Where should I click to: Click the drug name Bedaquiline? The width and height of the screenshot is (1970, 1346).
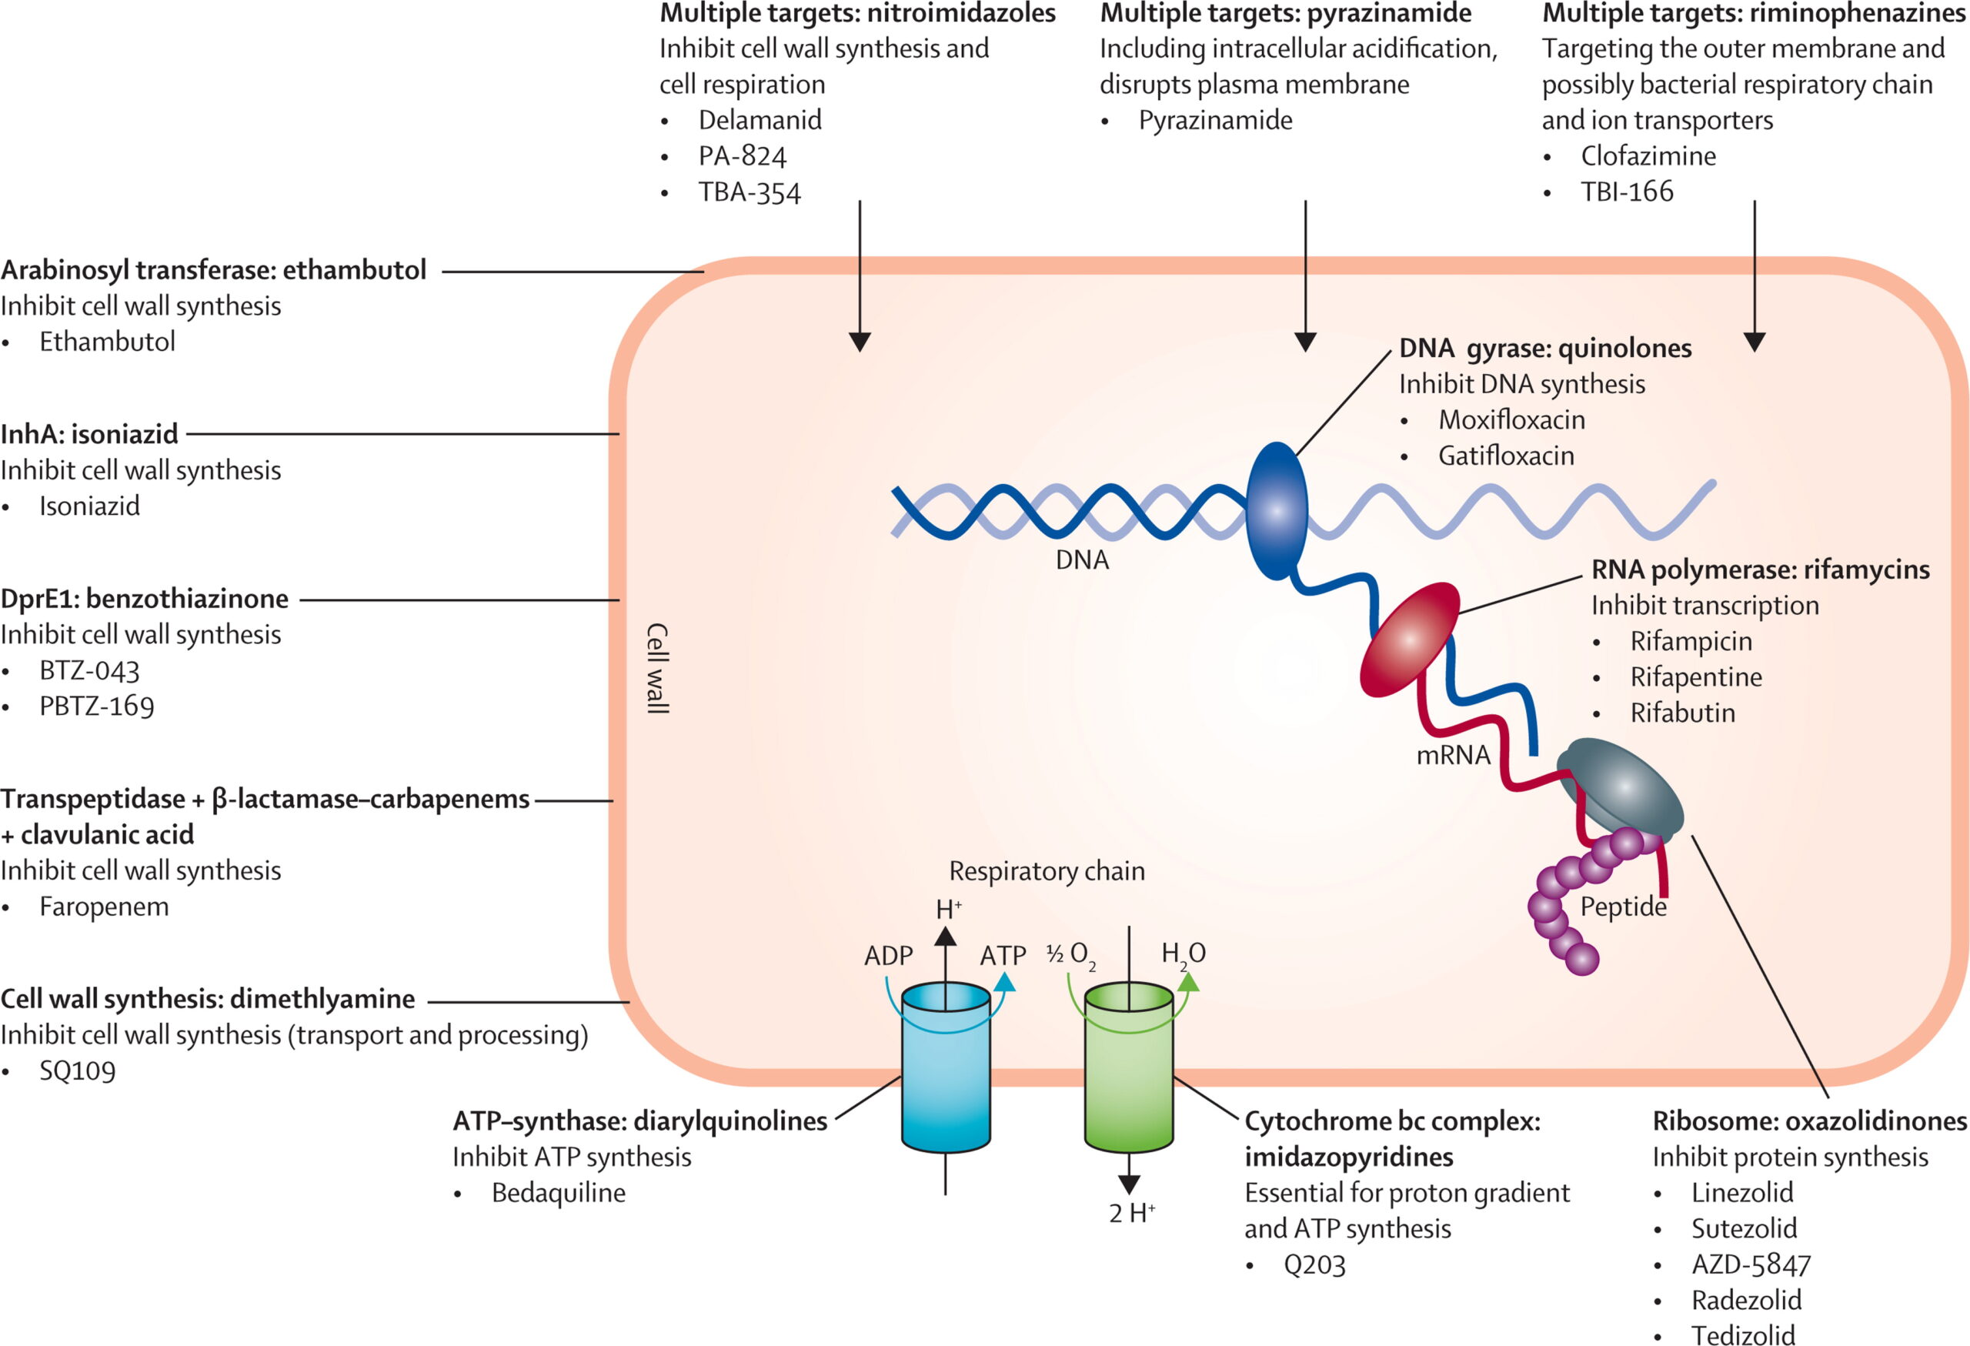558,1193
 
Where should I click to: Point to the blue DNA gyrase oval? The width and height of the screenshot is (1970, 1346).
1276,511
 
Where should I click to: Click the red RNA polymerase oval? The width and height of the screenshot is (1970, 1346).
1410,640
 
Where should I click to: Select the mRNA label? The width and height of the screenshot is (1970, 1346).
1453,754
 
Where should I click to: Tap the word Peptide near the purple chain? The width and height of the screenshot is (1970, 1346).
1623,906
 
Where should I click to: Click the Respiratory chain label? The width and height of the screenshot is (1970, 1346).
1047,870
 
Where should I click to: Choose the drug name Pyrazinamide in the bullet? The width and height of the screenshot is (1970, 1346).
1215,120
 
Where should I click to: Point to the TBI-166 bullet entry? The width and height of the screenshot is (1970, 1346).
1627,192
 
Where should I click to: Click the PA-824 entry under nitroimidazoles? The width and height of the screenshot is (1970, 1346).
742,156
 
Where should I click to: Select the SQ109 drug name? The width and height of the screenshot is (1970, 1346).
77,1070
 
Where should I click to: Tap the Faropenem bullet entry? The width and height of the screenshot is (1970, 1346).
103,906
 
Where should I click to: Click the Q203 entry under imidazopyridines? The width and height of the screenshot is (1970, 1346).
1314,1264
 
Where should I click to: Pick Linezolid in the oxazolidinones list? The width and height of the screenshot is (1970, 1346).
1742,1193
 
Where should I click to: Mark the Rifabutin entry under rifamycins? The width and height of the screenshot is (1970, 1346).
1683,713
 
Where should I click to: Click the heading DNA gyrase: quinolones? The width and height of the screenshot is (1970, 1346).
1544,349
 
